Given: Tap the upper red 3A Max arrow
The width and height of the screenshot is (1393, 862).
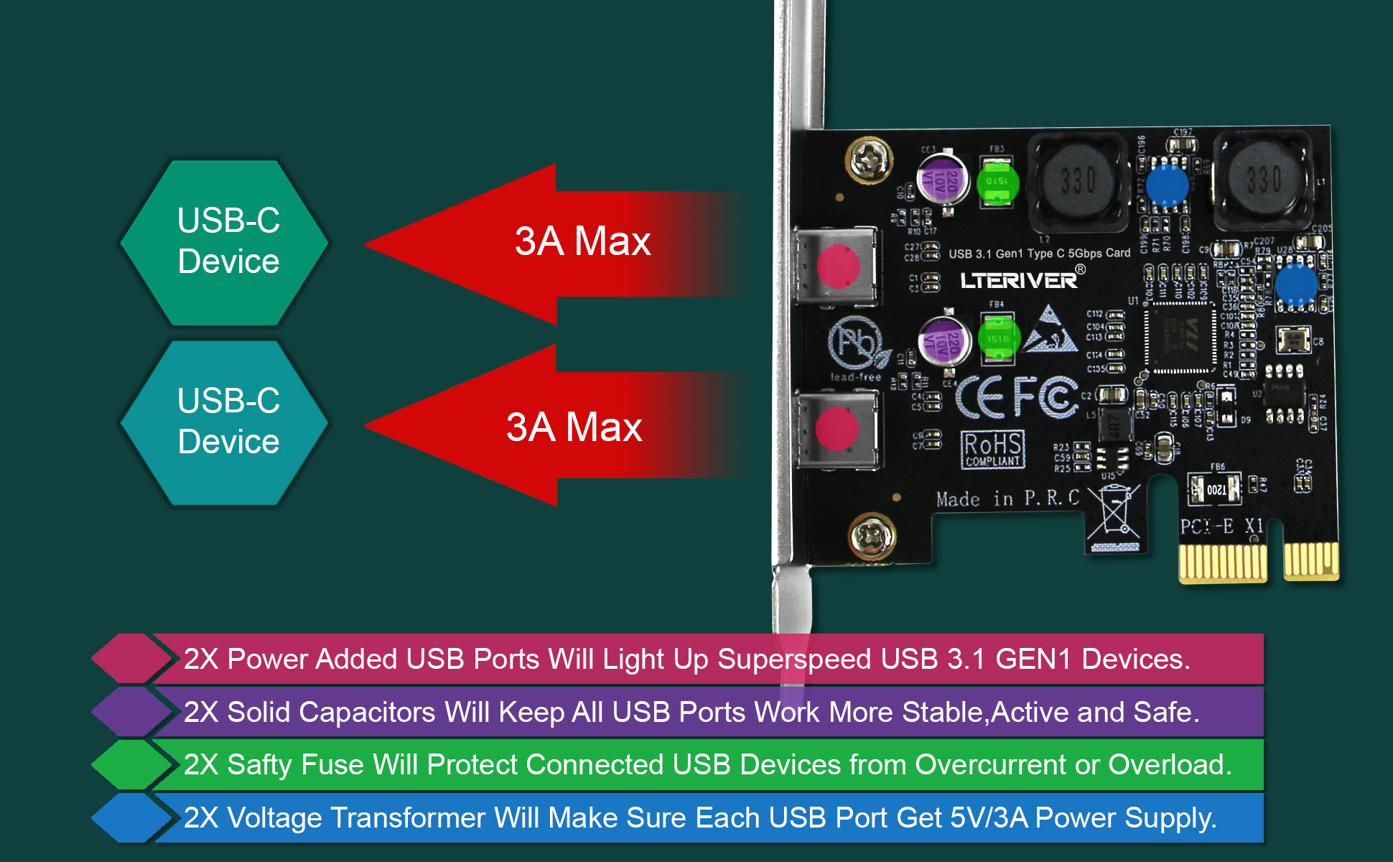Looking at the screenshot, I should tap(546, 243).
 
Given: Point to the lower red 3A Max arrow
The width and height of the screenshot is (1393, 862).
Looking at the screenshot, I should tap(546, 425).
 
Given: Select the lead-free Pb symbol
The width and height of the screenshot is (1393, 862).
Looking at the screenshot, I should tap(854, 343).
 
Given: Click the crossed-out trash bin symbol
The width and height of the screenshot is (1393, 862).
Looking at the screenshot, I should tap(1112, 514).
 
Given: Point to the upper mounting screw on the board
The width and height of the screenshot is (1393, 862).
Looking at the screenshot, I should tap(870, 159).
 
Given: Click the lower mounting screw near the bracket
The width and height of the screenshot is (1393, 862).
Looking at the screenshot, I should tap(871, 536).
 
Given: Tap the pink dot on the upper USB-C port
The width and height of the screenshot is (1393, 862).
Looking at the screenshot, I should tap(838, 266).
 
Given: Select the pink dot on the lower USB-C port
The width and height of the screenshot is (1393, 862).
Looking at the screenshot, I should tap(837, 428).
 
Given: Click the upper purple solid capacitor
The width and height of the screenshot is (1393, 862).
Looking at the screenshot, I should tap(943, 180).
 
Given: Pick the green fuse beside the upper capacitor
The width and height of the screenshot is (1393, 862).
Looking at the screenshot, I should tap(997, 182).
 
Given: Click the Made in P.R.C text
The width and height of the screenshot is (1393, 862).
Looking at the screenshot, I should tap(1007, 499).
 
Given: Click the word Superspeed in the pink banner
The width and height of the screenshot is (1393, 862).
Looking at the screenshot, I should tap(794, 659).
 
